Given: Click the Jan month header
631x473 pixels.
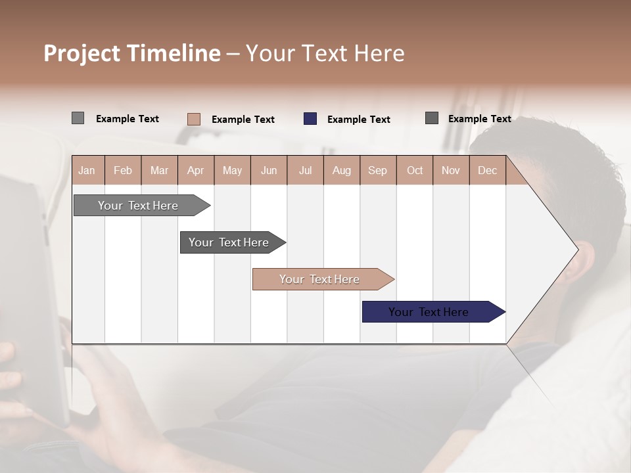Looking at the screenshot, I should pyautogui.click(x=87, y=170).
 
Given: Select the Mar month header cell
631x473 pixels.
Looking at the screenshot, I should pyautogui.click(x=159, y=170).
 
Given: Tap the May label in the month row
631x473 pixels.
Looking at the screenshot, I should pyautogui.click(x=232, y=170).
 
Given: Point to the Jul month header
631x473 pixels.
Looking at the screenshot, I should pyautogui.click(x=305, y=170).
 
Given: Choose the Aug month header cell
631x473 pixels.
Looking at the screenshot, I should pyautogui.click(x=341, y=170).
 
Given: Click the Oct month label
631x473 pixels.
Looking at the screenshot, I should pyautogui.click(x=415, y=170).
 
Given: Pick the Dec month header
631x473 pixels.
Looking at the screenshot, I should pyautogui.click(x=487, y=170).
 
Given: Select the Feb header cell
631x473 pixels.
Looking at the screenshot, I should pyautogui.click(x=123, y=170).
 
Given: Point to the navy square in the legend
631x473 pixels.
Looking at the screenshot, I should pyautogui.click(x=310, y=119).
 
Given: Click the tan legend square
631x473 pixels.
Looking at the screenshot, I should pyautogui.click(x=194, y=119).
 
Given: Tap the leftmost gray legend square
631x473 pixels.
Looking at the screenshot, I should pyautogui.click(x=78, y=118).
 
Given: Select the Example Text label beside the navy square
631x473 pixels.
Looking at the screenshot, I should pyautogui.click(x=358, y=120).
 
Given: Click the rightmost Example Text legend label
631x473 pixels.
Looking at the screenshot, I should pyautogui.click(x=479, y=119).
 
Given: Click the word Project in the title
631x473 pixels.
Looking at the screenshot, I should pyautogui.click(x=82, y=53).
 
